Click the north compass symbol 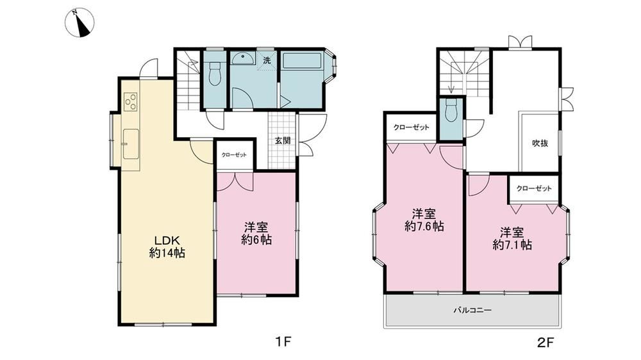point(79,23)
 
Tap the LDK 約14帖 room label point(167,247)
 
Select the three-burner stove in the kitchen point(131,102)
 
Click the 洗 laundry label point(267,60)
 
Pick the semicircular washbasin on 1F point(243,59)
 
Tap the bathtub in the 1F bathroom point(301,60)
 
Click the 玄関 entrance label point(283,140)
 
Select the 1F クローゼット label point(234,155)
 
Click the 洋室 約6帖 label point(256,233)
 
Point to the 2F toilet point(451,111)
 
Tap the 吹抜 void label point(540,143)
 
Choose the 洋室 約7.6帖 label point(424,220)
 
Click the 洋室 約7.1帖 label point(512,239)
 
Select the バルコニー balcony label point(472,310)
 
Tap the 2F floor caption point(545,341)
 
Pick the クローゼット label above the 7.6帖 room point(412,127)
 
